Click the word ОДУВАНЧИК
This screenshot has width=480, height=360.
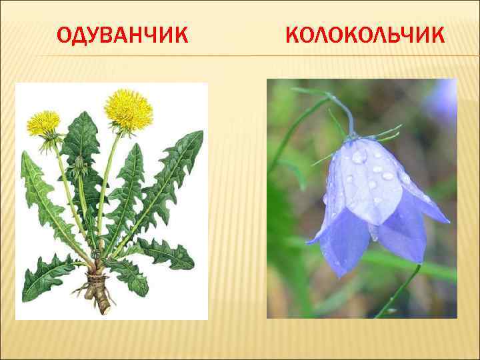click(x=122, y=34)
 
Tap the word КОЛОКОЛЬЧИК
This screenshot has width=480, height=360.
click(x=364, y=34)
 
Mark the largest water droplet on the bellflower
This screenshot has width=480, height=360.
click(x=359, y=157)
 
